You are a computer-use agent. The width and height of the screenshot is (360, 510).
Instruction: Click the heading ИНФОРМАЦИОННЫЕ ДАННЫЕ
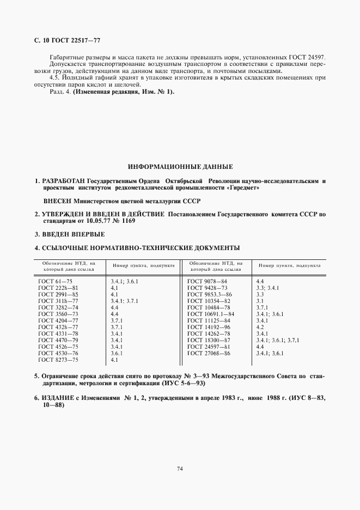click(x=180, y=166)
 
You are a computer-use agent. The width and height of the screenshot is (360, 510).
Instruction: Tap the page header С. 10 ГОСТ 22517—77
click(x=68, y=40)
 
